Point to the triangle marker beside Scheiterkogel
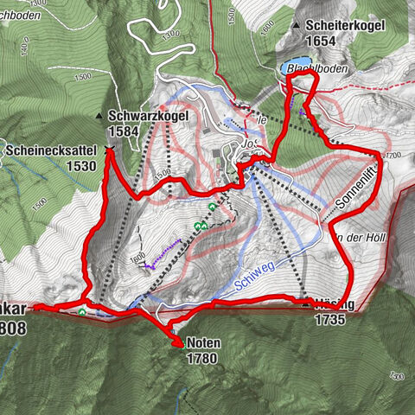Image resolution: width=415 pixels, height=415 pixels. coord(297,26)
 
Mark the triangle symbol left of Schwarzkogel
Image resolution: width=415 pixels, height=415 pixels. coord(99,116)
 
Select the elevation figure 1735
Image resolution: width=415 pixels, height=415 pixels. coord(331,319)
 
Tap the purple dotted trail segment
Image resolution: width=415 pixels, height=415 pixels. coord(164,255)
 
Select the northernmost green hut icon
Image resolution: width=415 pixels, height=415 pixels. coord(213,207)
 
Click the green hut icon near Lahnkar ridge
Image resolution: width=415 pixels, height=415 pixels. coord(82,312)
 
